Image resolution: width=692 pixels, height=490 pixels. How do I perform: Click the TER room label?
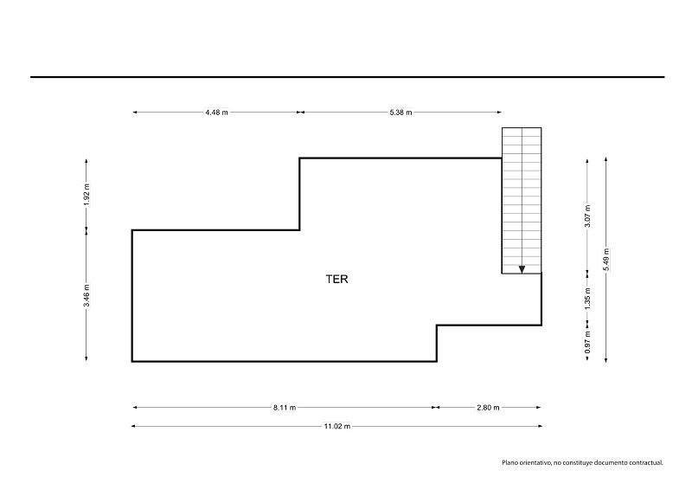click(x=336, y=280)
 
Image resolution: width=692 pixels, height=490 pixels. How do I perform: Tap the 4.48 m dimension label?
click(x=217, y=113)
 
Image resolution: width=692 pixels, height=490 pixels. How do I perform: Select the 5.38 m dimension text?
click(x=400, y=113)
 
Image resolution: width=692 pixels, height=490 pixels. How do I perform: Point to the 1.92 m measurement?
click(x=86, y=195)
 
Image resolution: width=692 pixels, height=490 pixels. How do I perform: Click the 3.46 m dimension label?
click(x=86, y=295)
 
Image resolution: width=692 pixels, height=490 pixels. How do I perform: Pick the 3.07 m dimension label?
click(x=587, y=216)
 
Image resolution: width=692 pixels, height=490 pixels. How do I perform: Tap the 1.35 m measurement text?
click(x=587, y=299)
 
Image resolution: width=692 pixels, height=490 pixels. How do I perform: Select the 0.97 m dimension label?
click(x=587, y=343)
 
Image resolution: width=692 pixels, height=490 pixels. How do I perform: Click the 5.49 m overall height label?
click(x=606, y=260)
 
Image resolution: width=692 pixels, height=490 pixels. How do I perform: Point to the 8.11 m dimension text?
click(x=285, y=408)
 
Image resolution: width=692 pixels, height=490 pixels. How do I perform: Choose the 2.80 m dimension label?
click(x=488, y=408)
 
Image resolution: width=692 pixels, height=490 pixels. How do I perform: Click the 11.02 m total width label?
click(x=337, y=427)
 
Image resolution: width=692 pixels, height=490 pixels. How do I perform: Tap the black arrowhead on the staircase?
click(x=522, y=269)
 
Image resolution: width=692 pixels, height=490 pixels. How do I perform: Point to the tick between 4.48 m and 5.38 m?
click(x=300, y=113)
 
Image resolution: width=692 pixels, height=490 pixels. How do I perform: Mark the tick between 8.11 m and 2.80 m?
click(x=436, y=408)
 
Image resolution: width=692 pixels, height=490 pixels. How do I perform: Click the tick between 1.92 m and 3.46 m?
click(x=86, y=230)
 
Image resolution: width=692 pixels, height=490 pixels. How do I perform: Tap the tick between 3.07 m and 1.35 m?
click(x=587, y=274)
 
